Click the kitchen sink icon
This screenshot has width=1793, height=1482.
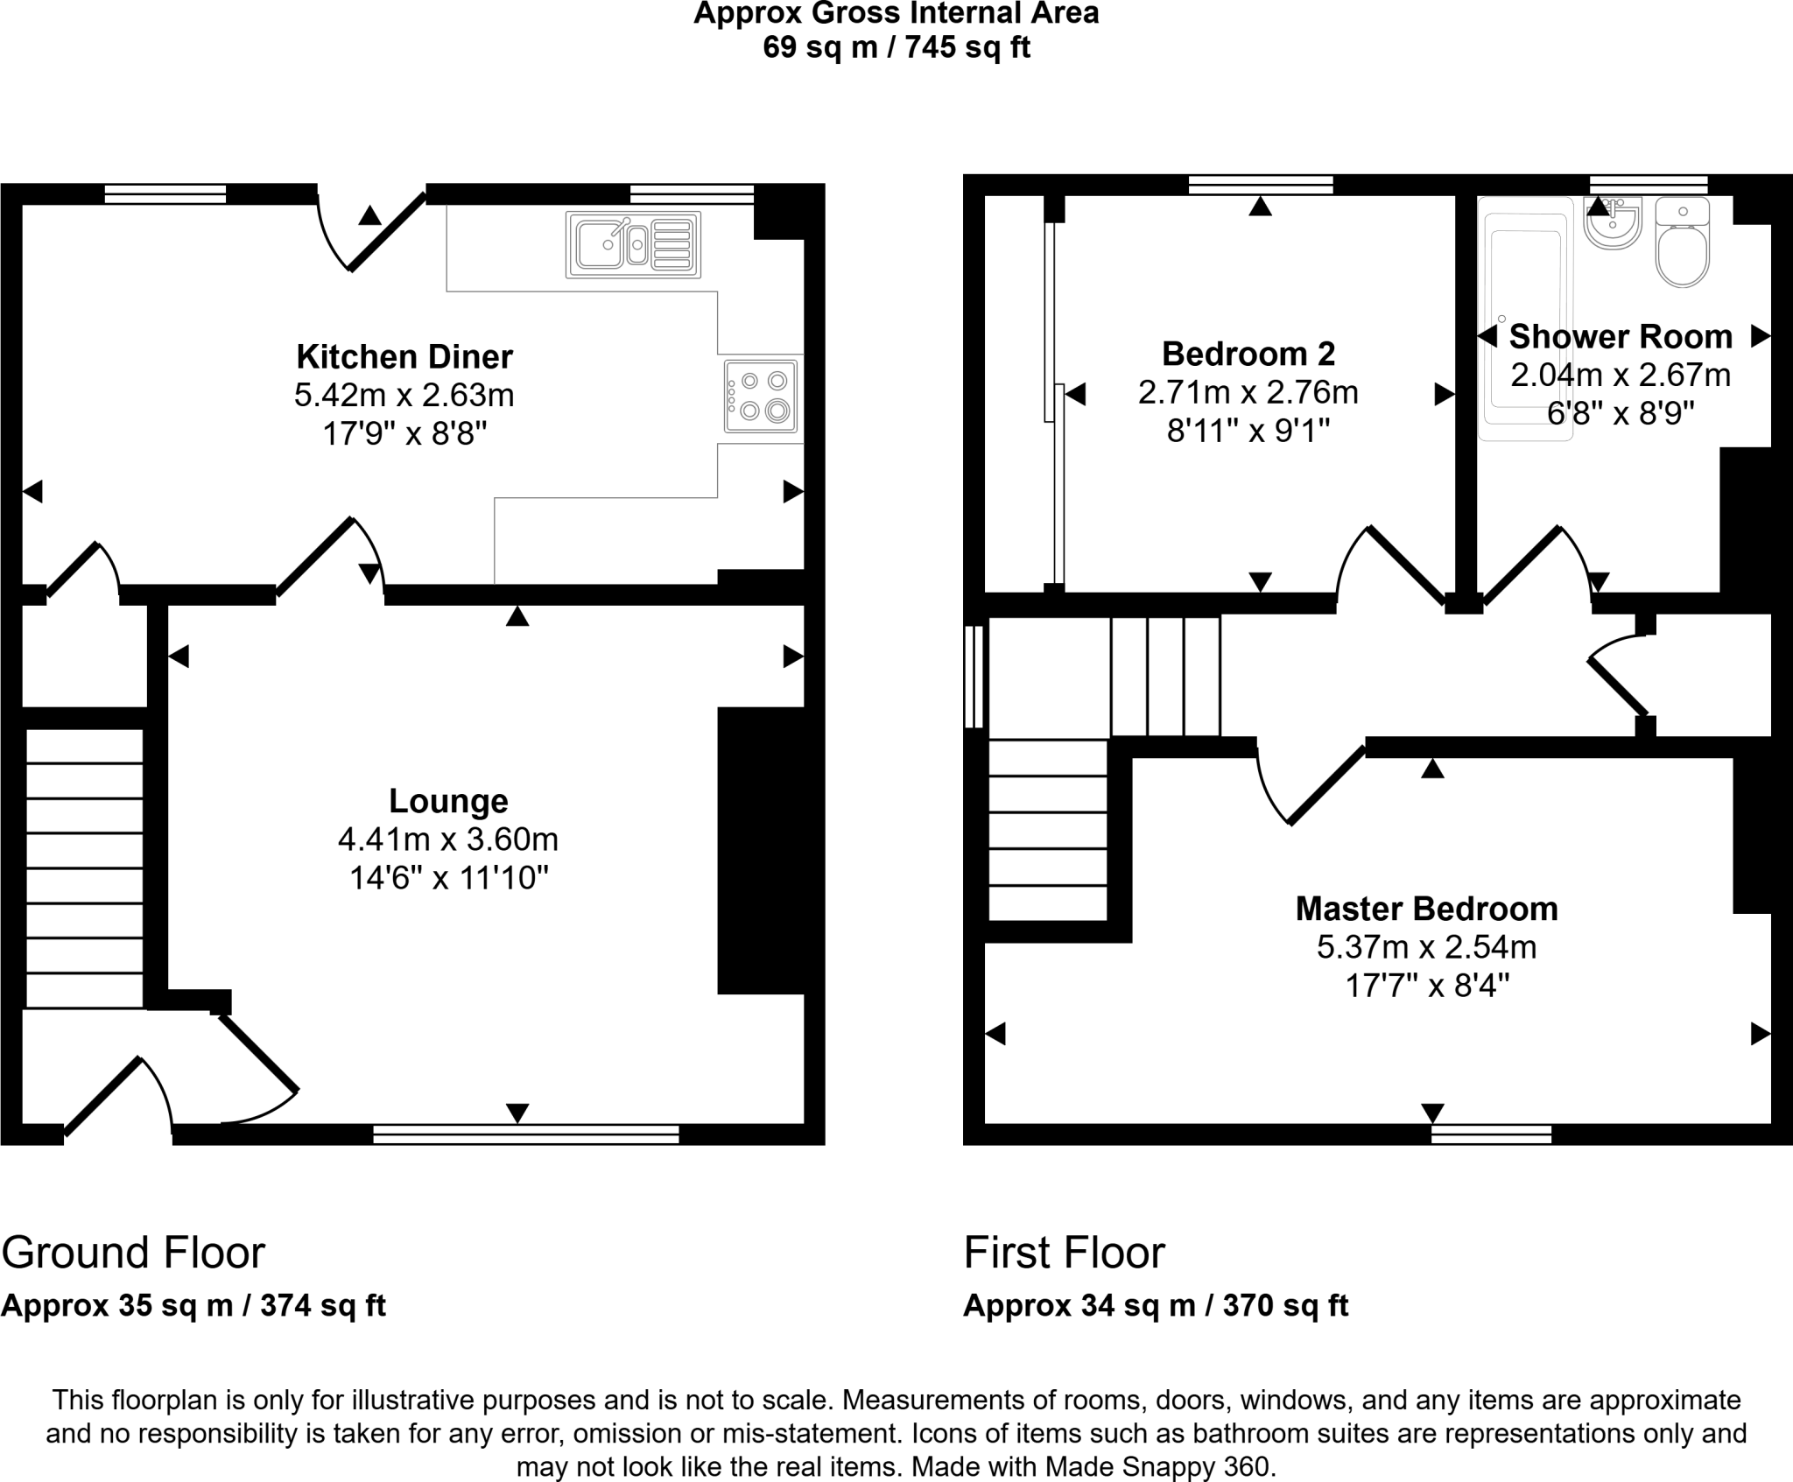(x=633, y=245)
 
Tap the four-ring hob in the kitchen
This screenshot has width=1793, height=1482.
(x=761, y=396)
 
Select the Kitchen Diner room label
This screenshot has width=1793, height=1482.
(x=404, y=357)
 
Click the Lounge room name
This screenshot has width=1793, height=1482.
(x=448, y=801)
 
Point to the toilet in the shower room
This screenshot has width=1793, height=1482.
(x=1683, y=249)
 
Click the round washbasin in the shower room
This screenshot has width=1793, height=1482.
(x=1612, y=224)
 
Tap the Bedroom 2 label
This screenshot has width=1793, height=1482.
(x=1248, y=354)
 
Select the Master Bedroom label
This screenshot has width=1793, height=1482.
(x=1426, y=909)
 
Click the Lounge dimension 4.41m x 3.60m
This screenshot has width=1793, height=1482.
(x=448, y=839)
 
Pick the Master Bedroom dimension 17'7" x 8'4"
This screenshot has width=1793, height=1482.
(x=1427, y=987)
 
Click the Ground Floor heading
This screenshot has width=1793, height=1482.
(x=133, y=1253)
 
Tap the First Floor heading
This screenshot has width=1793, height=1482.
(x=1064, y=1253)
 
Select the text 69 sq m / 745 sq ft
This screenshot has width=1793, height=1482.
(x=896, y=47)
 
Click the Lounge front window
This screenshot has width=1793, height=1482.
(x=525, y=1135)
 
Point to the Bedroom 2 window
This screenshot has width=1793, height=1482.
(x=1261, y=185)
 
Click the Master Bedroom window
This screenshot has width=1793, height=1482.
(x=1491, y=1135)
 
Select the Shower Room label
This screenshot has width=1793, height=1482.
(x=1621, y=336)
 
